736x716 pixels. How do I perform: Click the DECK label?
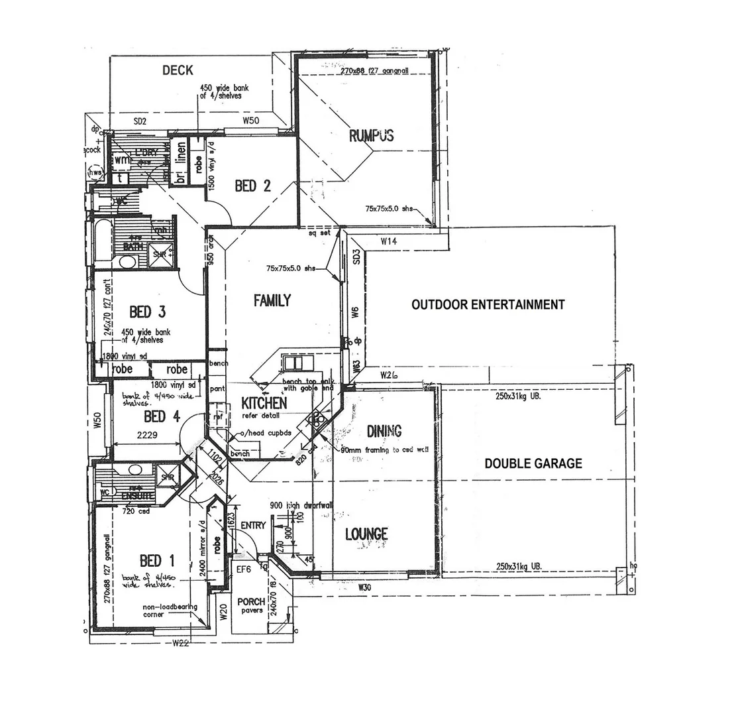178,70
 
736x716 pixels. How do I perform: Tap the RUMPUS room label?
371,136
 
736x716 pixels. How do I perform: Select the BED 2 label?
252,186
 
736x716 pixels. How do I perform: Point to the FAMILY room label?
272,300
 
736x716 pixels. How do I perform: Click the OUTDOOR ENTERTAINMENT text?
488,305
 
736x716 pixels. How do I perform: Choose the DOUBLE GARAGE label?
533,464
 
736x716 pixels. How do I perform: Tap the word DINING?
384,432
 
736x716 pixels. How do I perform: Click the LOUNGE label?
366,534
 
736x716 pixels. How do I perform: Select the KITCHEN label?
264,403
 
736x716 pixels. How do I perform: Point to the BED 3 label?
147,312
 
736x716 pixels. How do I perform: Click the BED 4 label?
162,417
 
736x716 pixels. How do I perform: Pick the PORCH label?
251,602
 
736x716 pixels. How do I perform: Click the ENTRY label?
253,526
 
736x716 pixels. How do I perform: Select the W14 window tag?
389,242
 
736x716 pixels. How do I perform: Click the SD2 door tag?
139,121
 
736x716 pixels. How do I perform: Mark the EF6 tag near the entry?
243,569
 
